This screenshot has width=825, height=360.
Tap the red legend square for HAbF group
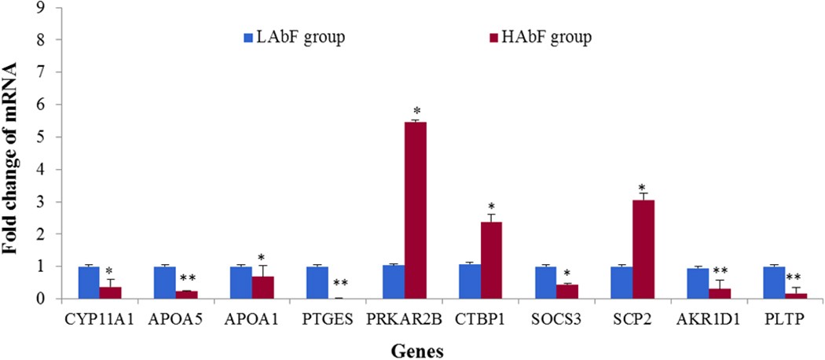pos(495,36)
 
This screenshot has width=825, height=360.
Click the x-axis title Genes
pos(419,348)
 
